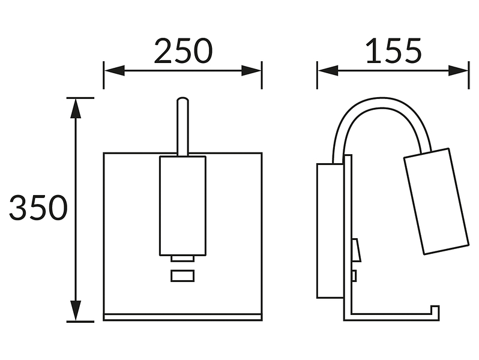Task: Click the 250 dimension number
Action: pos(183,50)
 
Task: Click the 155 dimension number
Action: pos(394,51)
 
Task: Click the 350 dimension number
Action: pos(38,208)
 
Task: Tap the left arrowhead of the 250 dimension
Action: pos(114,71)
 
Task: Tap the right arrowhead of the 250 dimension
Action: pos(251,71)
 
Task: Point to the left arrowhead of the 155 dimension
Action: pos(328,71)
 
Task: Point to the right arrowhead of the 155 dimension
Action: pos(458,71)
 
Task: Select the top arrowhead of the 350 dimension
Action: pos(76,108)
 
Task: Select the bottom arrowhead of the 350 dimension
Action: pos(76,311)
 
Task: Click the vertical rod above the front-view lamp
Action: pos(182,127)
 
